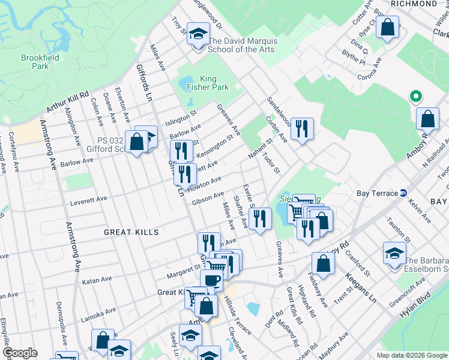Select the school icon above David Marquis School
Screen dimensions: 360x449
coord(197,35)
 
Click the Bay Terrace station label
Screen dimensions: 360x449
coord(377,193)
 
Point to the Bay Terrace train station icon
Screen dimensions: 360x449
coord(404,193)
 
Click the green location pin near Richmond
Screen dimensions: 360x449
coord(414,96)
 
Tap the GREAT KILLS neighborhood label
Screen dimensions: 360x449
coord(130,232)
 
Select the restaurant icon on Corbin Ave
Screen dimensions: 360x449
coord(301,128)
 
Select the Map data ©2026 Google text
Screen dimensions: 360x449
coord(411,355)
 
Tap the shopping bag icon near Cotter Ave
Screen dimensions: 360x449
coord(388,27)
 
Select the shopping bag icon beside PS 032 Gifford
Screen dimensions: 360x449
coord(137,142)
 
